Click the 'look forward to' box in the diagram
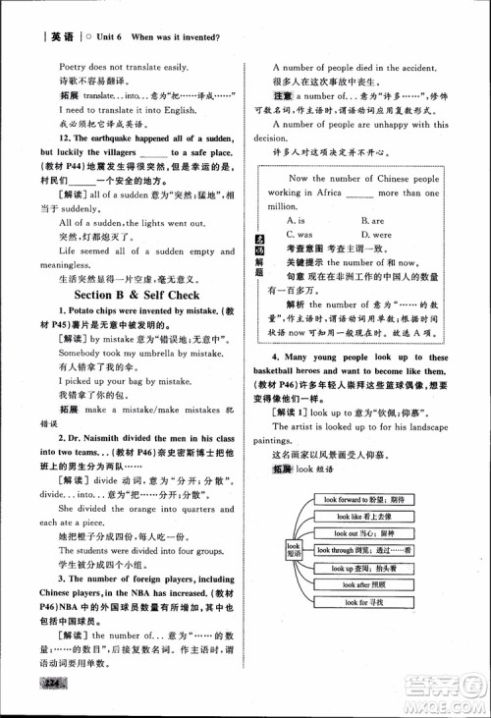(x=363, y=500)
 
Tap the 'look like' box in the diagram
(x=363, y=517)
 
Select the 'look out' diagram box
(x=363, y=533)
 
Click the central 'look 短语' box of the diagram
(x=293, y=550)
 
